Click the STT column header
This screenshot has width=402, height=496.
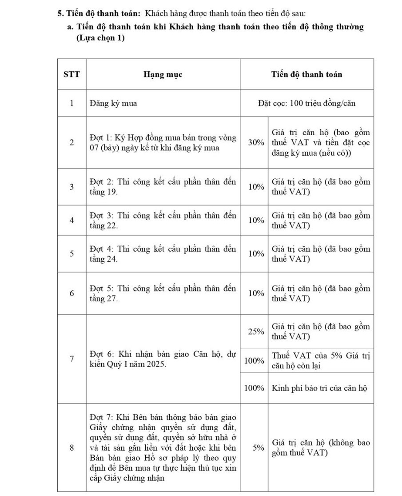pos(72,74)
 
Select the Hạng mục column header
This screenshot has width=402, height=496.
pos(163,74)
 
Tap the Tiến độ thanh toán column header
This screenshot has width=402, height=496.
pos(306,74)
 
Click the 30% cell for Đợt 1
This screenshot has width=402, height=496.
pos(254,143)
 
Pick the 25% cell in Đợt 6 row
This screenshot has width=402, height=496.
pos(254,331)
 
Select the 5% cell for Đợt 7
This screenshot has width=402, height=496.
pos(254,448)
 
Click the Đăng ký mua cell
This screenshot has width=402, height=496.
pos(113,104)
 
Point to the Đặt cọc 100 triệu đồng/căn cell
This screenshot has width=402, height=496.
pos(306,104)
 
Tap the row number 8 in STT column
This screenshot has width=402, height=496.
pos(72,448)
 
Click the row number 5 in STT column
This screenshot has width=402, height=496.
pos(72,254)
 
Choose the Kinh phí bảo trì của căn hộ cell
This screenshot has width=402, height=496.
pos(319,387)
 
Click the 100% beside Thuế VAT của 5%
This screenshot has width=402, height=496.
pos(254,360)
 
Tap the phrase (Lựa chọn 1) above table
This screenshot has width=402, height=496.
pos(100,38)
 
